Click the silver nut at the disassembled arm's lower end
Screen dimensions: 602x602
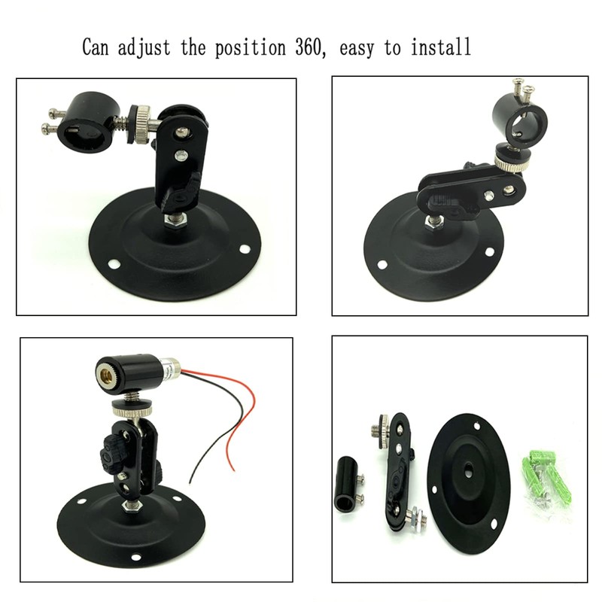coord(415,518)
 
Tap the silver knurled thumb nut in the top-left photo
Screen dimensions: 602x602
coord(141,119)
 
